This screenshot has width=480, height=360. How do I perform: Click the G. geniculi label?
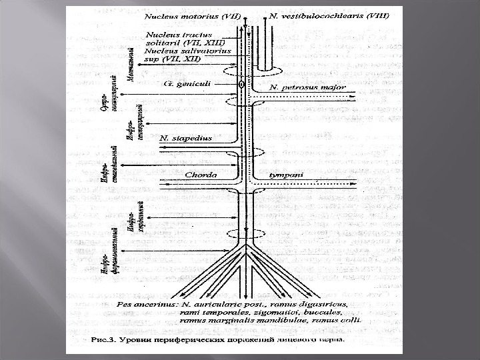pos(190,85)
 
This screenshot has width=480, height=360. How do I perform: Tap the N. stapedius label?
pos(186,138)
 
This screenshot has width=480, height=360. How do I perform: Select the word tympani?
pos(287,175)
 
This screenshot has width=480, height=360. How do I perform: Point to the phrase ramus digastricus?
pos(313,304)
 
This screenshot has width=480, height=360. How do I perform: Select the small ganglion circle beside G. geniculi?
pos(241,85)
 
